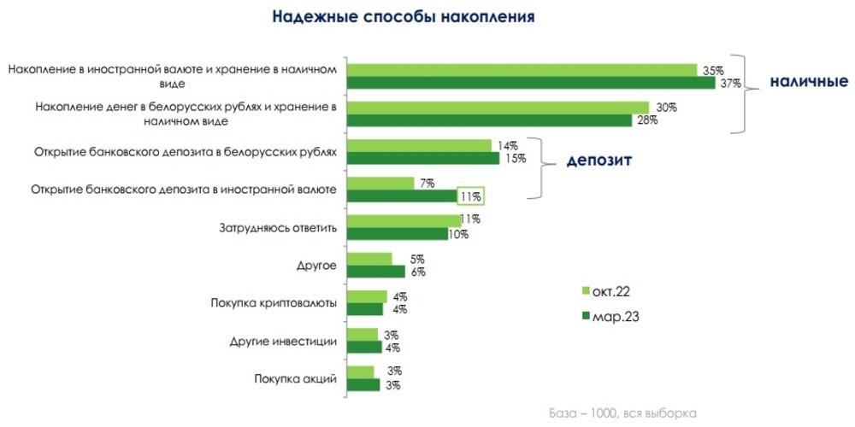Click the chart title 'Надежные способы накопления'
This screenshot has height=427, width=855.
404,16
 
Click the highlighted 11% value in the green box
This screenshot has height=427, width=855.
471,196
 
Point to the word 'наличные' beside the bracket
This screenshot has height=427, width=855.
808,82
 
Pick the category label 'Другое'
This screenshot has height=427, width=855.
316,266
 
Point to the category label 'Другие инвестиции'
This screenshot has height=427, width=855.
283,341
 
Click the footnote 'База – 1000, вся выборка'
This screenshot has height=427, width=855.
622,413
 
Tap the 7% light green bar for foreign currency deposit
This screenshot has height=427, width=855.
381,183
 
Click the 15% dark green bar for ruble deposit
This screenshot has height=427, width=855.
425,159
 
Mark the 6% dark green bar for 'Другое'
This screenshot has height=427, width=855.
377,272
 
